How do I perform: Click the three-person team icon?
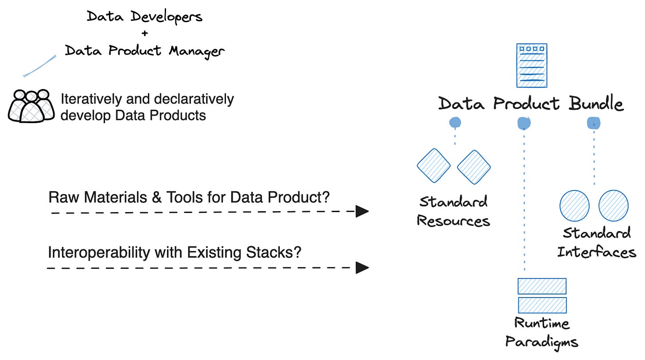pyautogui.click(x=31, y=106)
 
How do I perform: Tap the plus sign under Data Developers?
pyautogui.click(x=145, y=33)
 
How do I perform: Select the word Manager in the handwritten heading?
pyautogui.click(x=197, y=51)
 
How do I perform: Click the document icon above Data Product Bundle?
pyautogui.click(x=532, y=66)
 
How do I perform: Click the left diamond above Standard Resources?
pyautogui.click(x=434, y=166)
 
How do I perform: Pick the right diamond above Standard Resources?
pyautogui.click(x=474, y=167)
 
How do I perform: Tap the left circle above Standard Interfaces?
pyautogui.click(x=575, y=206)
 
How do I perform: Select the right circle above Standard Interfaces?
pyautogui.click(x=613, y=205)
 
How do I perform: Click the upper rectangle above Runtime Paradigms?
pyautogui.click(x=542, y=286)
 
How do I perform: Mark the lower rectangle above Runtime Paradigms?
pyautogui.click(x=542, y=305)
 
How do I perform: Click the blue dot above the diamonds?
pyautogui.click(x=455, y=123)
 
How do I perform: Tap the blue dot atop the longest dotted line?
pyautogui.click(x=524, y=123)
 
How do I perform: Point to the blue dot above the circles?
pyautogui.click(x=594, y=123)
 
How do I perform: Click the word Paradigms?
pyautogui.click(x=542, y=342)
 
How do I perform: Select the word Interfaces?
pyautogui.click(x=597, y=252)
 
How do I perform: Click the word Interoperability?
pyautogui.click(x=99, y=253)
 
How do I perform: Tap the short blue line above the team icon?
pyautogui.click(x=40, y=66)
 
